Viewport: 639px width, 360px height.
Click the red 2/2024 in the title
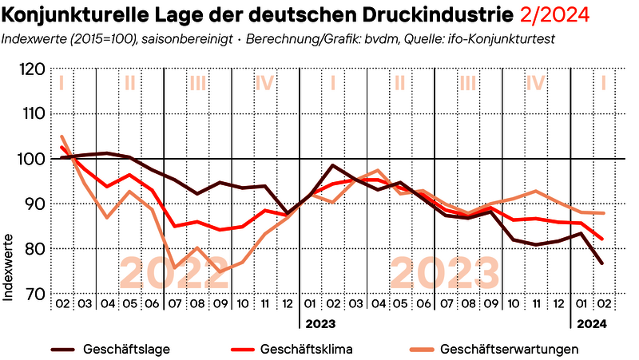pyautogui.click(x=553, y=14)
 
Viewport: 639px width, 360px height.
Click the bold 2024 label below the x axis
pyautogui.click(x=592, y=324)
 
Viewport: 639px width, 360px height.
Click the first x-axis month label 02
pyautogui.click(x=62, y=304)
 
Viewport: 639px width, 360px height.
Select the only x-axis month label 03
pyautogui.click(x=85, y=304)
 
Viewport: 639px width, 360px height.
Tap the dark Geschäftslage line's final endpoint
pyautogui.click(x=602, y=263)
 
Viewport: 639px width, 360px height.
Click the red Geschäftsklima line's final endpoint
pyautogui.click(x=602, y=239)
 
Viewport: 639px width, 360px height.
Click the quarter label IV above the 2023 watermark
pyautogui.click(x=535, y=82)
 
